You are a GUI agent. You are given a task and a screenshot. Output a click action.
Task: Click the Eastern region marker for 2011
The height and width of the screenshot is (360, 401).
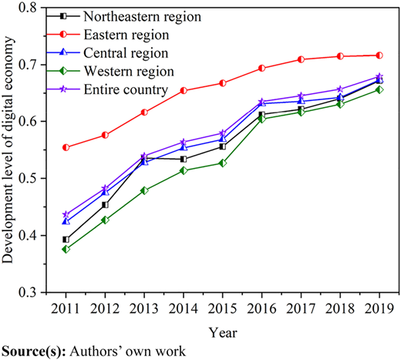coord(66,147)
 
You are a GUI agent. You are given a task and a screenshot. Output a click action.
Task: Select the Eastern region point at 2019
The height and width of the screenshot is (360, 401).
coord(379,56)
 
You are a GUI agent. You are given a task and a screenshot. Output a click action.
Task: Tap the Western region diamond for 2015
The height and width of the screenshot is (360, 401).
coord(223,163)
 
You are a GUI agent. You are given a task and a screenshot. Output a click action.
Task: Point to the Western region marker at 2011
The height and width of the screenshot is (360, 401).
coord(66,249)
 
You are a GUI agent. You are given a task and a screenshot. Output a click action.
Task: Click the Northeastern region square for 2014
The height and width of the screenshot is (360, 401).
coord(184,159)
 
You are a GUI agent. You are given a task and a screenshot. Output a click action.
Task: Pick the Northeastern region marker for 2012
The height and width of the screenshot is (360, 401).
coord(105,205)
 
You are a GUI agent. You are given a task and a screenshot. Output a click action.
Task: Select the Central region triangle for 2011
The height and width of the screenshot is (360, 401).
coord(66,221)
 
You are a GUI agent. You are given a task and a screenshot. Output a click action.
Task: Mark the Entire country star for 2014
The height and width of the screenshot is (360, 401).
coord(184,142)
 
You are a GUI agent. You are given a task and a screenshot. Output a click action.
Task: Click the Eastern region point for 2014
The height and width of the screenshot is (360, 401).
coord(184,90)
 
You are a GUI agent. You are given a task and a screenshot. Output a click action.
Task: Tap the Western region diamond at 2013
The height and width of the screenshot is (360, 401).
coord(144,190)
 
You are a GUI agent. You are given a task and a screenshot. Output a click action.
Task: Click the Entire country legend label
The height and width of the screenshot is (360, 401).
coord(126,89)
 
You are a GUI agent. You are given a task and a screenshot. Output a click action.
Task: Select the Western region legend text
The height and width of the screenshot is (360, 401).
coord(129,71)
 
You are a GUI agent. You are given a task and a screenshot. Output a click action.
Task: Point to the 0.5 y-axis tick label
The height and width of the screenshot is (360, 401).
coord(29,178)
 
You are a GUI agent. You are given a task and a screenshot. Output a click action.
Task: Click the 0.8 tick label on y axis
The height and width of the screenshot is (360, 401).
coord(29,8)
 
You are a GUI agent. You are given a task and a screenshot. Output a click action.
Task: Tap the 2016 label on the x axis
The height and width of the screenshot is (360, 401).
coord(261,308)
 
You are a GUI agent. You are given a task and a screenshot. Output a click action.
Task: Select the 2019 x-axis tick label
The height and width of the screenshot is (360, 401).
coord(379,308)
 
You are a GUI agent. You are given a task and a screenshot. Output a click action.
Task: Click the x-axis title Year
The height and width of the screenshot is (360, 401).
coord(223,333)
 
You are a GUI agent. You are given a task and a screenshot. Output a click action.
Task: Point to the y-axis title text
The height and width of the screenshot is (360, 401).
coord(8,150)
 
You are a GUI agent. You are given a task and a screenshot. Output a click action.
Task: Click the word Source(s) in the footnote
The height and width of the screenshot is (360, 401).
coord(34,352)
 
